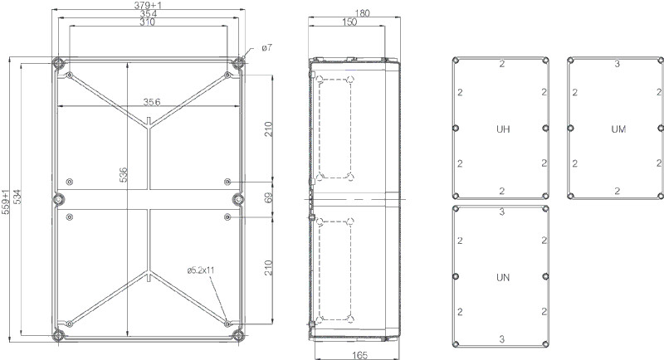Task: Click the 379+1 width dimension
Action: pos(148,5)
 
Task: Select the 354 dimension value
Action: pos(149,13)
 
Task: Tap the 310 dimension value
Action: pos(148,22)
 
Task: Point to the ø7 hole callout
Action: pos(266,48)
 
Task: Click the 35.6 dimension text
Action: pos(152,102)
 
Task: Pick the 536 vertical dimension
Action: pos(123,175)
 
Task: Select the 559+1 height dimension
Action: pos(6,202)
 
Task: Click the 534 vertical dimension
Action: pos(17,197)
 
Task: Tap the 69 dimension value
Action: pos(269,197)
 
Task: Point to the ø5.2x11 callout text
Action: pos(201,270)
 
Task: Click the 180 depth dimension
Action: pos(362,13)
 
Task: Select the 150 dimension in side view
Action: pos(349,22)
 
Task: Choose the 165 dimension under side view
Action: pos(359,355)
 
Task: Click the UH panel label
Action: pos(503,129)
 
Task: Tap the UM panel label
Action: pos(618,129)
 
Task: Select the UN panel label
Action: pos(503,278)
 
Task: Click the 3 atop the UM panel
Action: pos(617,64)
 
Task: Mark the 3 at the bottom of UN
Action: pos(502,339)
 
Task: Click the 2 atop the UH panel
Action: pos(502,64)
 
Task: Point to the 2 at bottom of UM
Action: pos(617,191)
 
